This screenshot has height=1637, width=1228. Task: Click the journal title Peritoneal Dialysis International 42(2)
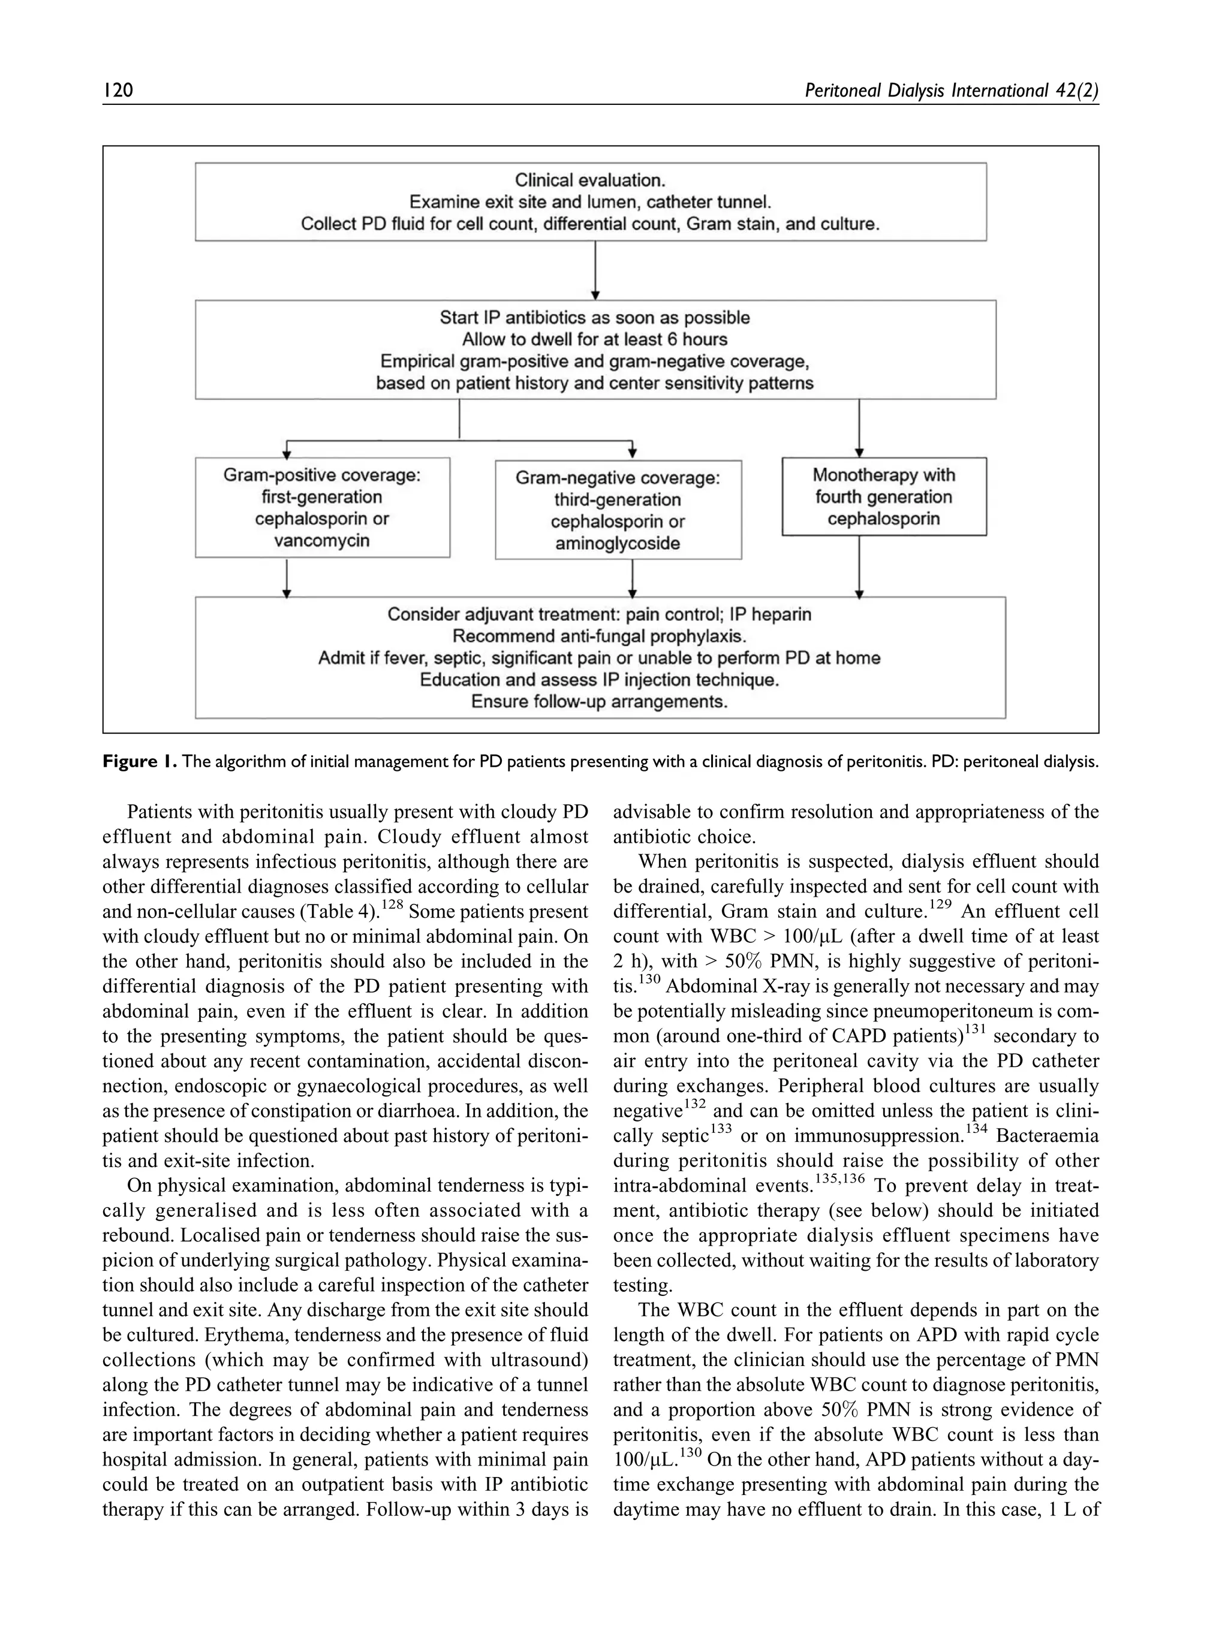point(950,91)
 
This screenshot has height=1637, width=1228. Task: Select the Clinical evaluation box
point(590,201)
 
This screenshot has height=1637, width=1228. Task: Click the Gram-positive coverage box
point(322,507)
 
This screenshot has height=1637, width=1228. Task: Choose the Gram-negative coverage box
point(618,510)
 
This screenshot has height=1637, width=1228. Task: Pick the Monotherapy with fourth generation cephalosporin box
point(883,496)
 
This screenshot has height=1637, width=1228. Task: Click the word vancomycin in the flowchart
point(321,540)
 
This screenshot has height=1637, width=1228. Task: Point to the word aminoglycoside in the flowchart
point(618,543)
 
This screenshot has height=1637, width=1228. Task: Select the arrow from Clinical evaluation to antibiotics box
point(595,270)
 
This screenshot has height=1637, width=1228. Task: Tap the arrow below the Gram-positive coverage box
point(287,577)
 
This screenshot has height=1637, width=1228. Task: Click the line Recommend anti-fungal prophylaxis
point(599,636)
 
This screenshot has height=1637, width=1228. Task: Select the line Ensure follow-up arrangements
point(599,701)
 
